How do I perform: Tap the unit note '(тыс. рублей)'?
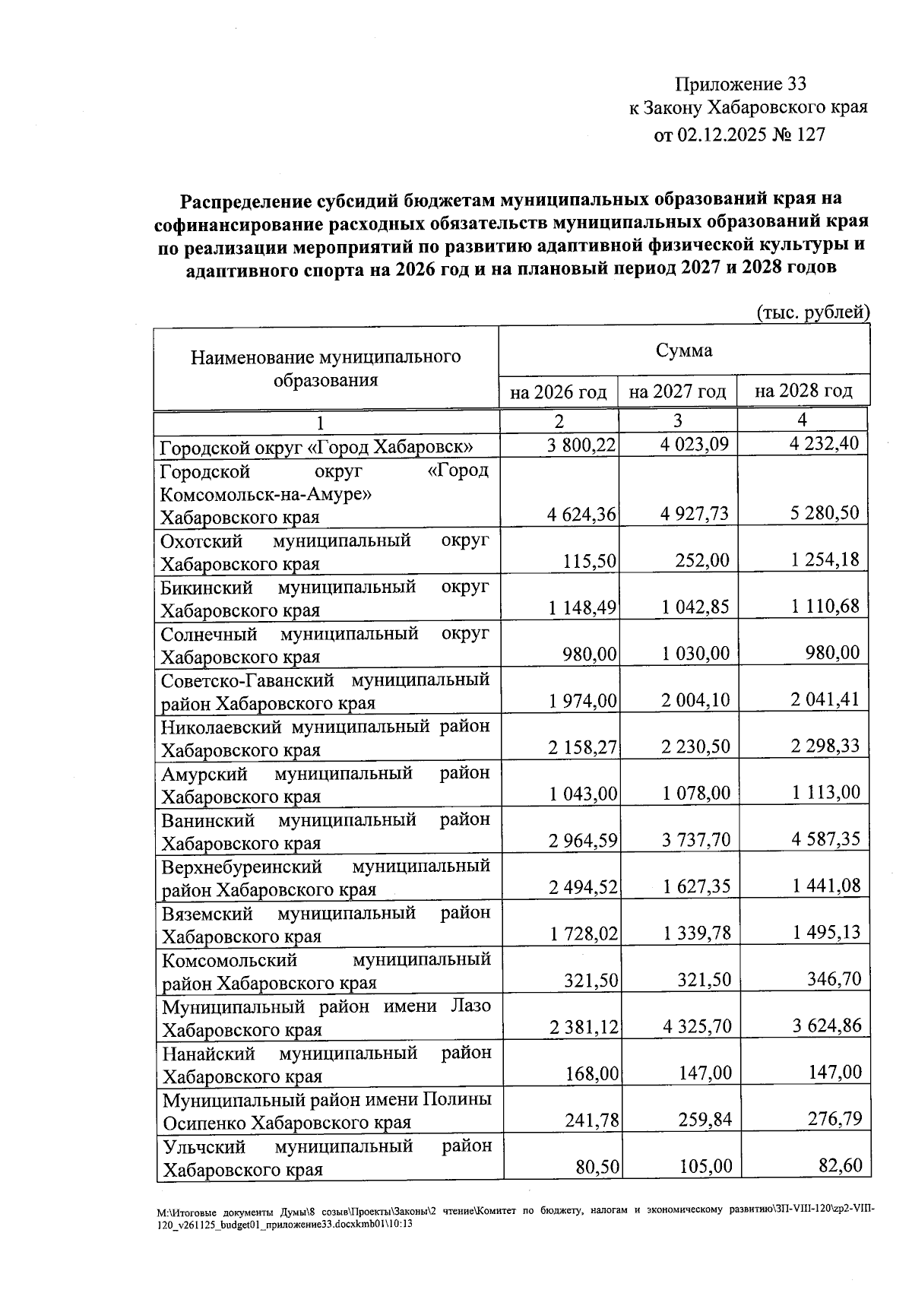coord(812,312)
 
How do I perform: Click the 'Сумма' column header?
coord(684,350)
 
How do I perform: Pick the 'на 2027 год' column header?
coord(678,391)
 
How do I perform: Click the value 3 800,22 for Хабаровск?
coord(581,445)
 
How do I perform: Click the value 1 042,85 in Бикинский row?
coord(695,607)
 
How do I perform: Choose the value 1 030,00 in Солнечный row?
coord(695,653)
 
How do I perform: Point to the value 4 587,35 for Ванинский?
coord(825,839)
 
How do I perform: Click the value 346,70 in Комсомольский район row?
coord(834,979)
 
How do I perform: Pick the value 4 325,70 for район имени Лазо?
coord(695,1026)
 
